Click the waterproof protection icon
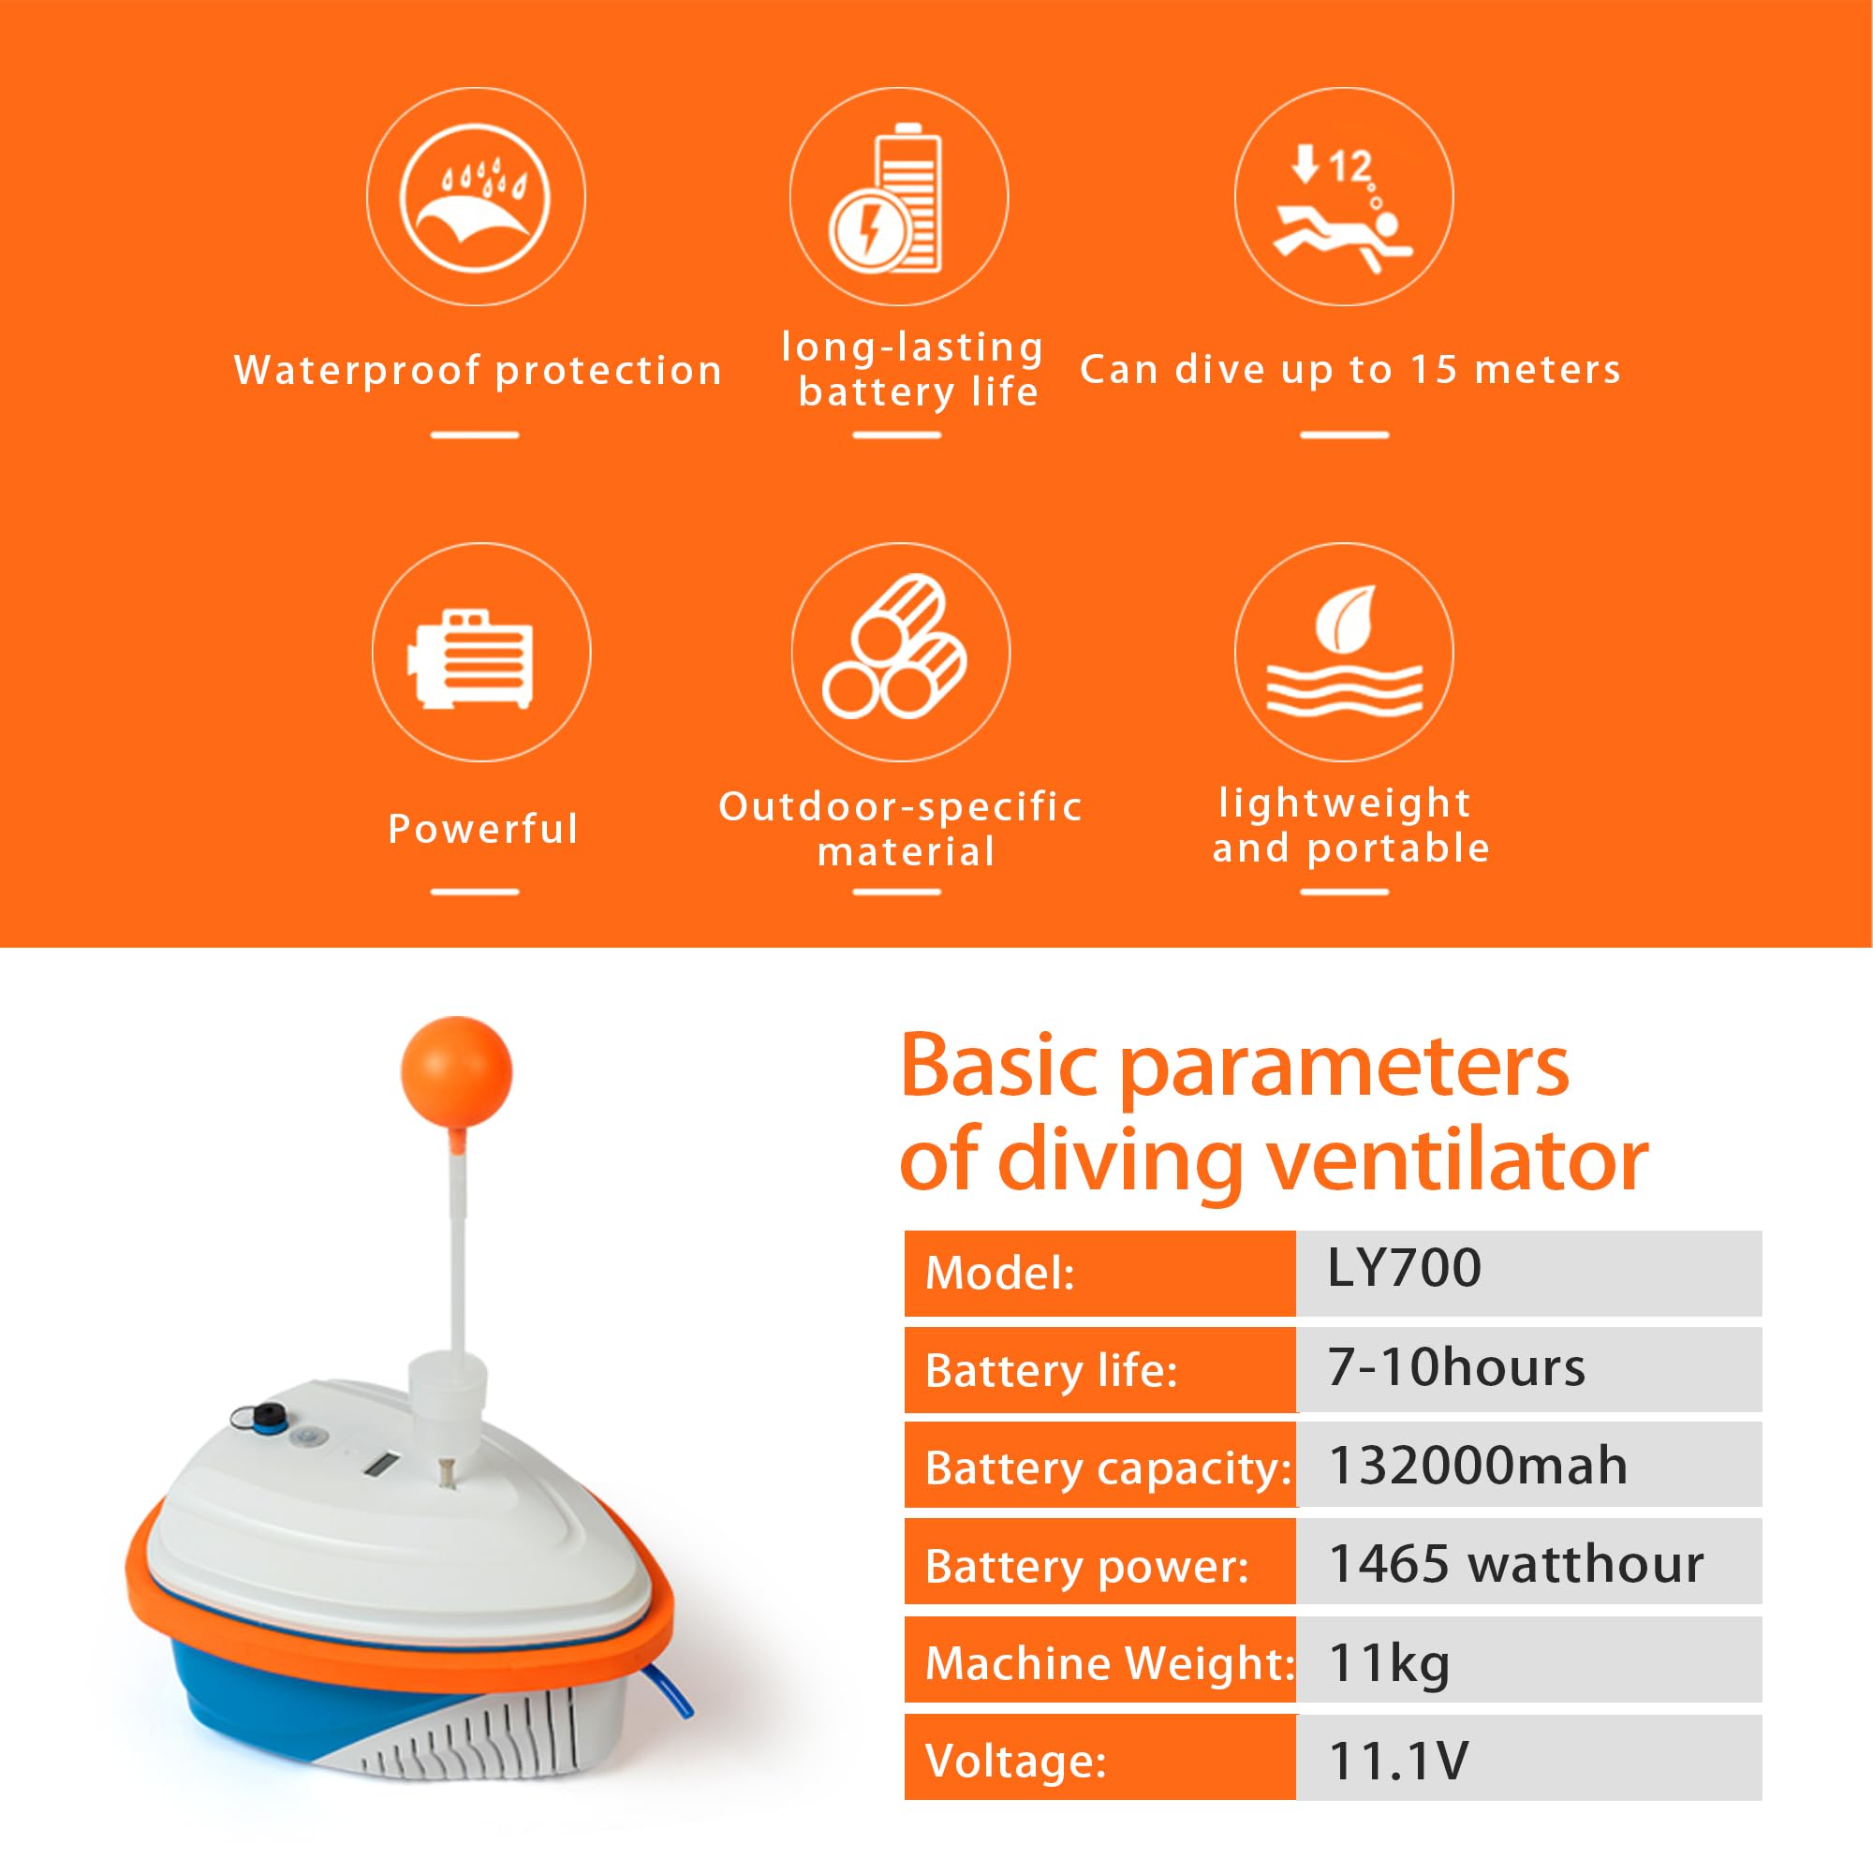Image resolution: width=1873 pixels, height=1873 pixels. (x=475, y=197)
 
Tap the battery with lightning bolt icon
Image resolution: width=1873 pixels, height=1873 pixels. (x=898, y=197)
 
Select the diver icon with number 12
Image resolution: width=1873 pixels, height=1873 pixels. (x=1344, y=197)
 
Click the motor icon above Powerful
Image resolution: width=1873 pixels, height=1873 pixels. (x=480, y=653)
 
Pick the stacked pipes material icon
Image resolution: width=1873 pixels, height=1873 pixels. (x=901, y=653)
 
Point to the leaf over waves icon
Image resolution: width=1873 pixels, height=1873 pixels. (x=1344, y=653)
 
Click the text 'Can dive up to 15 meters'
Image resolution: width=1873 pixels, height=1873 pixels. (x=1349, y=369)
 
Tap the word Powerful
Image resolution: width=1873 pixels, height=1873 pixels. (x=483, y=829)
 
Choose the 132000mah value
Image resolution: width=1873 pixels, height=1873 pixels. (x=1478, y=1466)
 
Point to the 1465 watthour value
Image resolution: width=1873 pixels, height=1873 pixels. (x=1515, y=1564)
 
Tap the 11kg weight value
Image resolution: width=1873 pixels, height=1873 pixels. (x=1389, y=1662)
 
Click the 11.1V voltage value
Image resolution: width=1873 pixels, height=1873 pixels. (x=1399, y=1761)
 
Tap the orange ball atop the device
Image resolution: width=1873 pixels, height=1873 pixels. (x=456, y=1070)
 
